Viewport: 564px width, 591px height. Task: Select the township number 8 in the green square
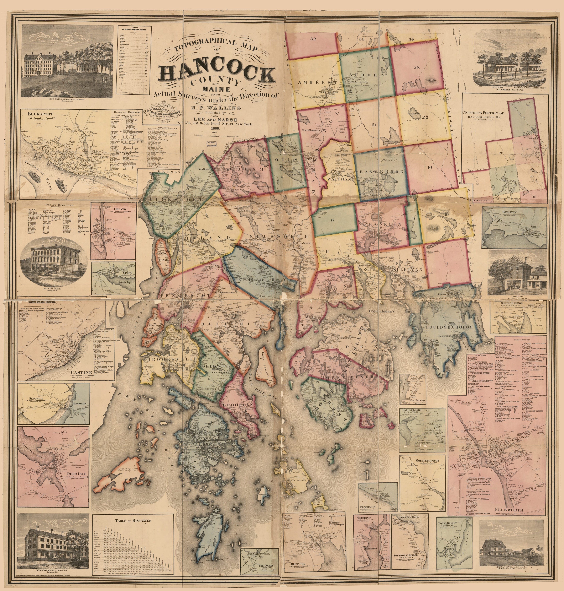333,220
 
